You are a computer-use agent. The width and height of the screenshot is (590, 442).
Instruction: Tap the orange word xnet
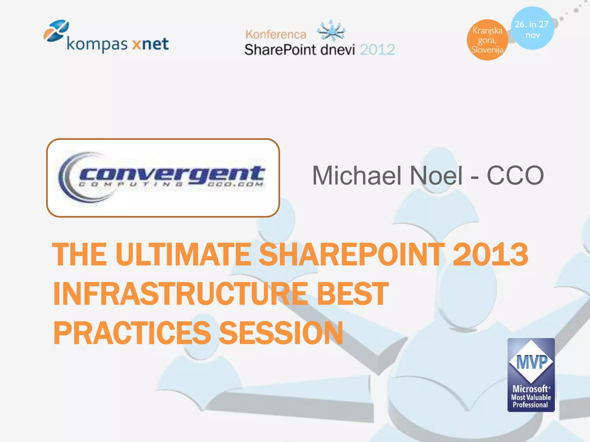click(x=150, y=44)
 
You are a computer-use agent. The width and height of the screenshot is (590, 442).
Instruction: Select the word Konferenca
click(x=276, y=35)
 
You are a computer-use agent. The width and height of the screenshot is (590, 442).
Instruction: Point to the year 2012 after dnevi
click(x=377, y=50)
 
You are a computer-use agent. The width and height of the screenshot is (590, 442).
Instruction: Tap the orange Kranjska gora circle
click(x=487, y=40)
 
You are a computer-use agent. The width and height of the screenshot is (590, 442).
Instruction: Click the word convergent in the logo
click(x=172, y=174)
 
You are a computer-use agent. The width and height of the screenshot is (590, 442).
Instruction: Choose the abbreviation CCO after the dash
click(x=515, y=175)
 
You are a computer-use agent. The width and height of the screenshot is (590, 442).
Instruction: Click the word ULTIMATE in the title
click(x=183, y=254)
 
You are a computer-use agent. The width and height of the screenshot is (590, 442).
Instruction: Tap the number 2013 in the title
click(x=490, y=254)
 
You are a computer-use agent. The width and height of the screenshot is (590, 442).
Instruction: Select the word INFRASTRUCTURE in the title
click(x=181, y=294)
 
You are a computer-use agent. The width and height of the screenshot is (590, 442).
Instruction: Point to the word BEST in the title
click(x=353, y=294)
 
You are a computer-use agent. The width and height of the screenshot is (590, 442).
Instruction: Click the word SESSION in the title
click(x=281, y=333)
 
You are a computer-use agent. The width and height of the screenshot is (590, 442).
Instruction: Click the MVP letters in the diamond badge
click(x=532, y=362)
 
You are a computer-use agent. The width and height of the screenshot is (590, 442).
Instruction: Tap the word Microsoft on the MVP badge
click(x=530, y=389)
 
